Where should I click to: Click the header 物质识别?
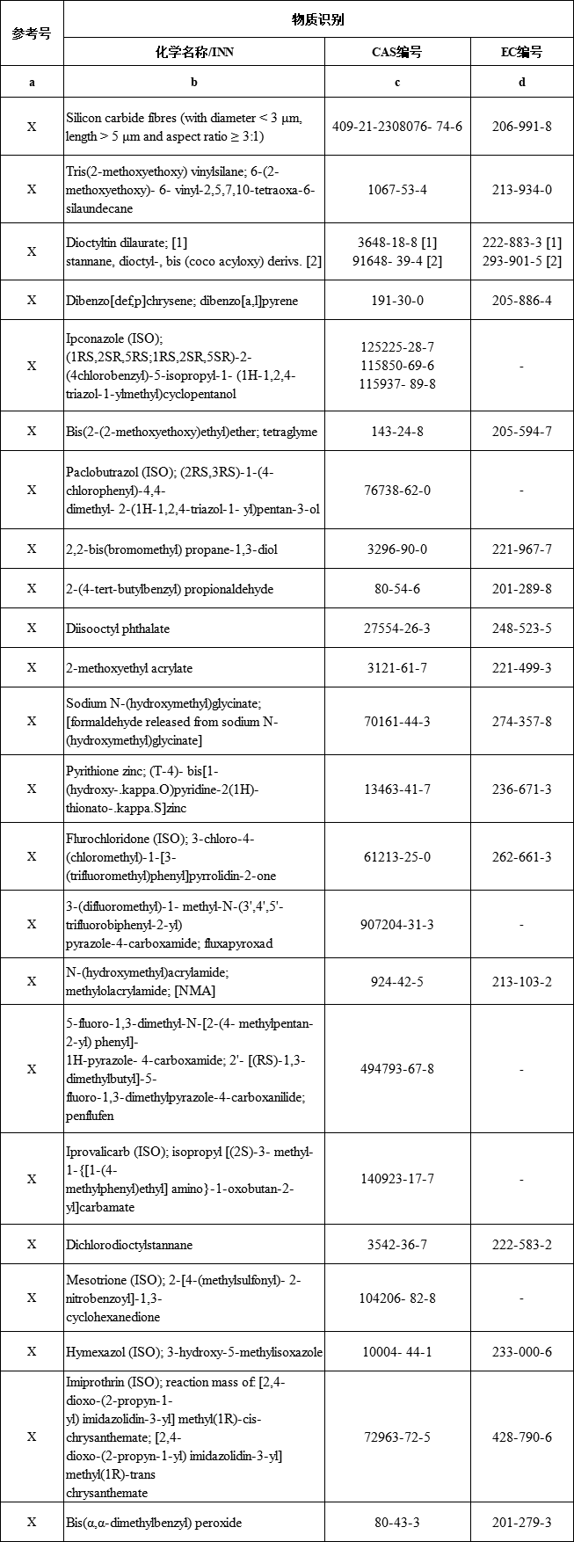coord(318,19)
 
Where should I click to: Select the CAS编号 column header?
coord(397,52)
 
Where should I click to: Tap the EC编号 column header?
coord(522,52)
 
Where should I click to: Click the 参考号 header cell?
coord(32,33)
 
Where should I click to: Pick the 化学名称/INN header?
coord(194,52)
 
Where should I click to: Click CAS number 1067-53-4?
coord(397,190)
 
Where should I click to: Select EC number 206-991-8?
coord(522,127)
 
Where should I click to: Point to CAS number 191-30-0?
coord(397,301)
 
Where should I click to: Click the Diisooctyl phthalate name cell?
coord(118,629)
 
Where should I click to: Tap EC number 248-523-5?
coord(522,629)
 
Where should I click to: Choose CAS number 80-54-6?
coord(397,589)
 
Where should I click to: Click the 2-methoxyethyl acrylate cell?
coord(129,668)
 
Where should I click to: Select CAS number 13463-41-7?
coord(397,789)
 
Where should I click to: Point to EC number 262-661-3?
coord(522,857)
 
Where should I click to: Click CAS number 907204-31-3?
coord(397,925)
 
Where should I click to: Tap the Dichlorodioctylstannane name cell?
coord(129,1245)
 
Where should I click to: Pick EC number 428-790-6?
coord(522,1437)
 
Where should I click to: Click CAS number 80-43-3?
coord(397,1523)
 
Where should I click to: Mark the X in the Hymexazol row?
coord(32,1351)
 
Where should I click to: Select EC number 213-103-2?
coord(522,982)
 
